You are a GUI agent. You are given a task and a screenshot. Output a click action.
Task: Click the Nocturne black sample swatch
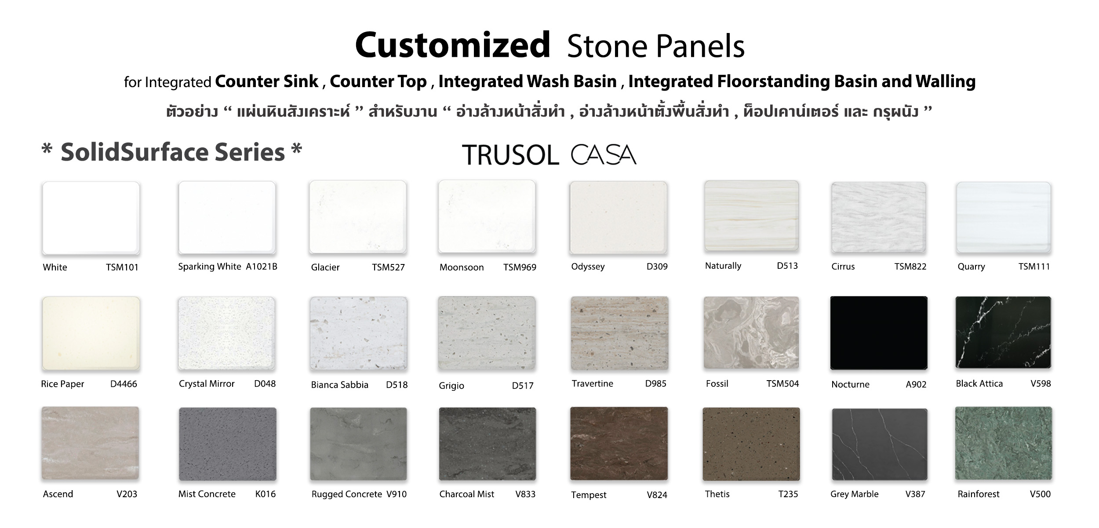(x=879, y=333)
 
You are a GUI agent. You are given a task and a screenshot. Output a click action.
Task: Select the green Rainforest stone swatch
(x=1004, y=444)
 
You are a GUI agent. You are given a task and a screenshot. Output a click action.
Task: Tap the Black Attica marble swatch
(x=1003, y=333)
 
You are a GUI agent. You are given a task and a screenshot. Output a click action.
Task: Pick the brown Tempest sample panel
(x=619, y=444)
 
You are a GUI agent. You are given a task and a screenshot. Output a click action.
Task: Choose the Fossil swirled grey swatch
(x=751, y=333)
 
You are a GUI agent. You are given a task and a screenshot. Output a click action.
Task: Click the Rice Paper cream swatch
(x=91, y=333)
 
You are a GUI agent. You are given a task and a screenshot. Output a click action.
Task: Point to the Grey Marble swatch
(x=880, y=444)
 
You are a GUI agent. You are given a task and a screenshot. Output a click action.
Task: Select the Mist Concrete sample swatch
(x=228, y=444)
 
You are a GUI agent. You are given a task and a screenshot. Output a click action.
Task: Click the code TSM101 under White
(x=122, y=267)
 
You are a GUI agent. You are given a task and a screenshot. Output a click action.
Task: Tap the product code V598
(x=1041, y=383)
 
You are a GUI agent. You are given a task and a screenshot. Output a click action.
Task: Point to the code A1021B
(x=262, y=266)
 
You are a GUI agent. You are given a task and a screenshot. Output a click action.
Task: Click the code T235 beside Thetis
(x=788, y=494)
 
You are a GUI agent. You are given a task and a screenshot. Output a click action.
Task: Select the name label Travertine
(x=592, y=383)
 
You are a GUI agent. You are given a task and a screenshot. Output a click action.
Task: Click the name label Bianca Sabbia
(x=339, y=385)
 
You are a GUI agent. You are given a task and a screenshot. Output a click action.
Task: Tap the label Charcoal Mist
(x=466, y=494)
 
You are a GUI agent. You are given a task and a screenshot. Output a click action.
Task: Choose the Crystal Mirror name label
(x=207, y=384)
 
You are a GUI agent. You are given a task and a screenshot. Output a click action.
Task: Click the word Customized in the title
(x=452, y=45)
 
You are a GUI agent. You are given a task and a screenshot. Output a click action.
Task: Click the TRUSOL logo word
(x=510, y=155)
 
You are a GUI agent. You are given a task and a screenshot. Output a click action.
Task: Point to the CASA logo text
(x=604, y=155)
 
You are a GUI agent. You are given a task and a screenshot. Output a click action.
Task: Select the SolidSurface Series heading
(x=172, y=152)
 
